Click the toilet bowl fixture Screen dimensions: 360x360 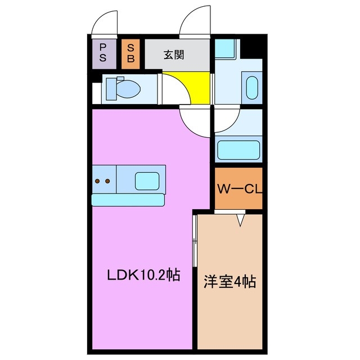(129, 88)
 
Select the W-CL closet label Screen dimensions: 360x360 (239, 190)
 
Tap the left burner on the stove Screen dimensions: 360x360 (98, 181)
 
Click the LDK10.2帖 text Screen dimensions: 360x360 (144, 276)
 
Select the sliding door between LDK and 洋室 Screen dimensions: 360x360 (194, 242)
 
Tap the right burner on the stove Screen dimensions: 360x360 (106, 181)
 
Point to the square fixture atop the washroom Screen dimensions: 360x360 (227, 51)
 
